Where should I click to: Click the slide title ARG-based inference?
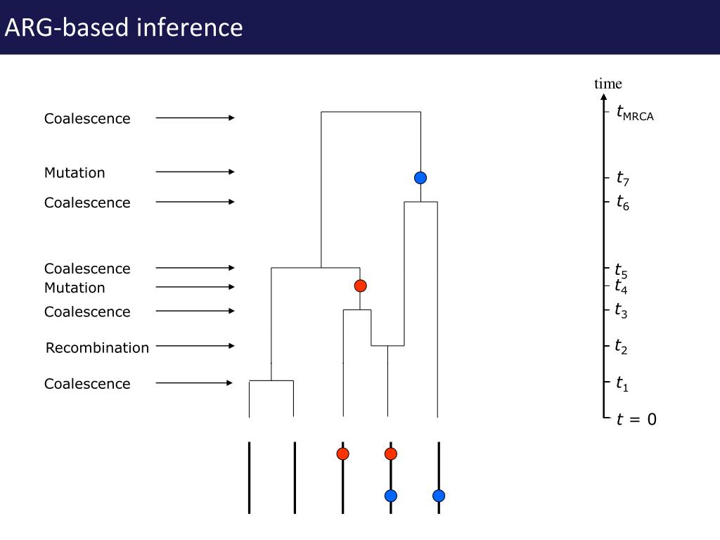[x=124, y=27]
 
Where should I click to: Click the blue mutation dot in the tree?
[x=420, y=178]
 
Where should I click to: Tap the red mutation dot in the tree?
[x=360, y=285]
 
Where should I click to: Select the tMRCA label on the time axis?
[x=634, y=112]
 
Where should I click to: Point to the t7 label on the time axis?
[x=623, y=179]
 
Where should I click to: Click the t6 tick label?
[x=623, y=203]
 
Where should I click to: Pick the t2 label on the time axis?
[x=621, y=346]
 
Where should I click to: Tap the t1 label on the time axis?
[x=622, y=383]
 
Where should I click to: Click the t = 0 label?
[x=636, y=420]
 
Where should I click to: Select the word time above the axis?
[x=608, y=84]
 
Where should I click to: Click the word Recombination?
[x=97, y=348]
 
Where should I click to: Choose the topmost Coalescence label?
[x=87, y=119]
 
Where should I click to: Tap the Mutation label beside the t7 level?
[x=75, y=173]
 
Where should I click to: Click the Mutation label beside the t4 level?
[x=75, y=288]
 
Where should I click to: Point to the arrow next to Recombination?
[x=195, y=346]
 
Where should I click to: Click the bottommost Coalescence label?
[x=87, y=384]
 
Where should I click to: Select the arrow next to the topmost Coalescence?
[x=195, y=118]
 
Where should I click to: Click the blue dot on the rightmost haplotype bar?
[x=439, y=496]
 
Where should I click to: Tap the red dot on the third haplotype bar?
[x=342, y=454]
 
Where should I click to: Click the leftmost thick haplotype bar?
[x=249, y=478]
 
